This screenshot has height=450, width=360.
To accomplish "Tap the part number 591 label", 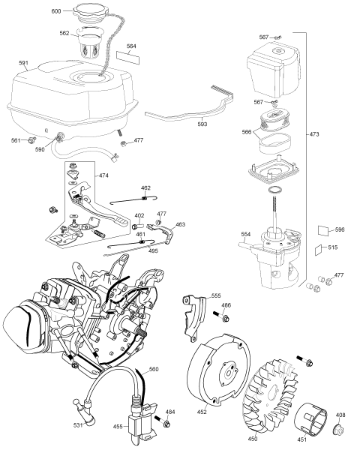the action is pos(23,62).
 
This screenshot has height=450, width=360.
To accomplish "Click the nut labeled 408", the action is pos(339,430).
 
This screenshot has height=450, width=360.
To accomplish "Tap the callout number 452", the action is pos(202,412).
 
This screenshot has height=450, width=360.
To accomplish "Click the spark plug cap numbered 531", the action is pos(85,408).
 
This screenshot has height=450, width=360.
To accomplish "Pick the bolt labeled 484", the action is pos(162,421).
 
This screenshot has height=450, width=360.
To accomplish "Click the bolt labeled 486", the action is pos(220,316).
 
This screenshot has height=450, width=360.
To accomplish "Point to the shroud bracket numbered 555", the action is pos(194,317).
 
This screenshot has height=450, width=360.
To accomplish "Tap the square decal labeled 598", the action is pos(323,230).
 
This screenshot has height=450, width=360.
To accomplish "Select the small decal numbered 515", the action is pos(318,250).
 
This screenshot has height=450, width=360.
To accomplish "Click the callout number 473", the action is pos(314,134).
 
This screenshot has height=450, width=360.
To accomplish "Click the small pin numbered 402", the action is pos(137,225).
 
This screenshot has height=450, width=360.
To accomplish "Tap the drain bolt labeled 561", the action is pos(32,139).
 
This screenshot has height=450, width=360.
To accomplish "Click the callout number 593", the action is pos(202,124).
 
